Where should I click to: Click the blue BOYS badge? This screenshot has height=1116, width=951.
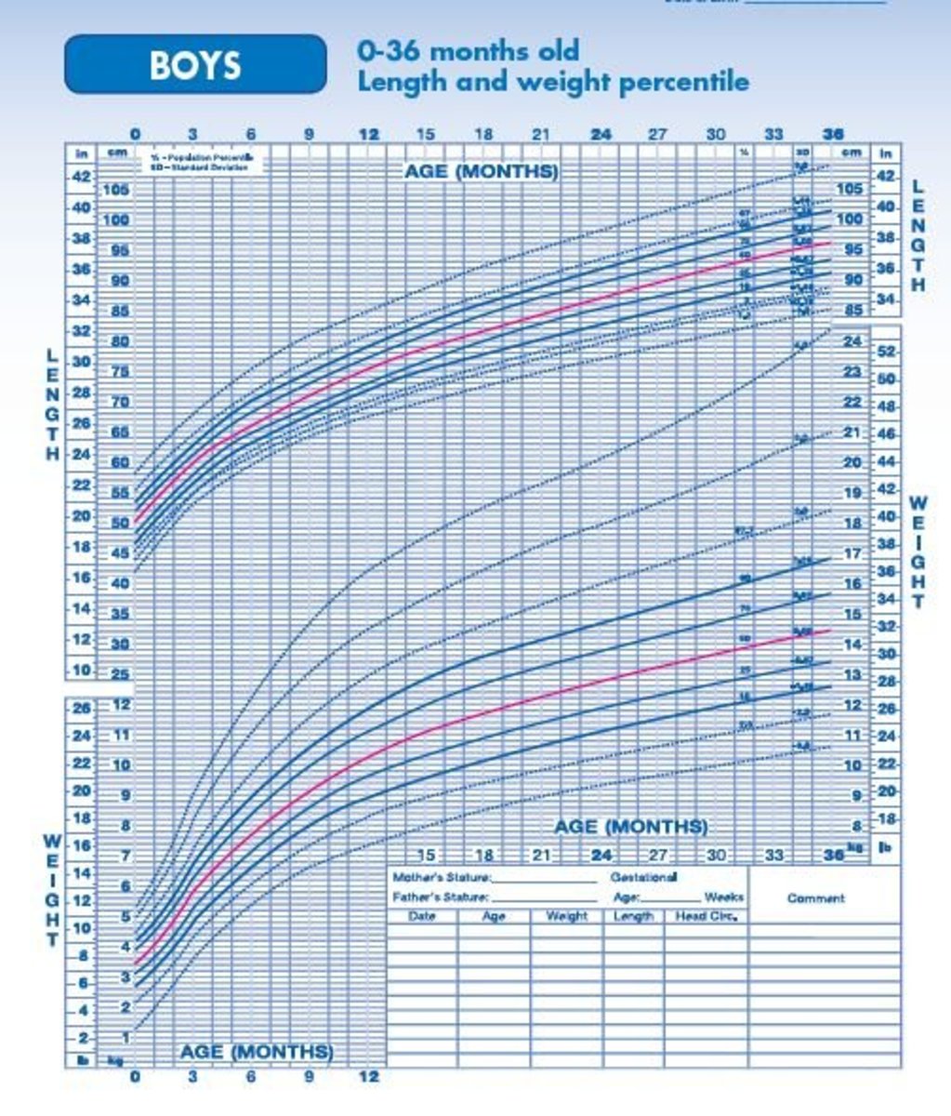pos(195,64)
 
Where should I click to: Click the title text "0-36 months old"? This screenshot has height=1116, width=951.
pos(468,50)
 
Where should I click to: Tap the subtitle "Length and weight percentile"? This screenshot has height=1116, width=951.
pos(552,82)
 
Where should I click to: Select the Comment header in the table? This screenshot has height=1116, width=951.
pos(815,898)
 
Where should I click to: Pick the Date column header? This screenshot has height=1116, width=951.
pos(422,916)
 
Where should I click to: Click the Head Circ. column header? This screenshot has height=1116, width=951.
pos(705,916)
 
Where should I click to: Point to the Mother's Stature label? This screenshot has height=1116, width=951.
pos(442,877)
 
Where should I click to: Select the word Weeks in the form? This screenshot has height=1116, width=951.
pos(724,897)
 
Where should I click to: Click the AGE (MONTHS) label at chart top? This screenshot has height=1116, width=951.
pos(482,172)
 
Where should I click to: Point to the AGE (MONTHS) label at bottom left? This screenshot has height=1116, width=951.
pos(257,1052)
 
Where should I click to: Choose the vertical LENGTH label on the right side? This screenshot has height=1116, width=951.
pos(918,235)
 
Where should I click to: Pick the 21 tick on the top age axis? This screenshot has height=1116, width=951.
pos(541,135)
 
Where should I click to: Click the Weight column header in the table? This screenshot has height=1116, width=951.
pos(566,916)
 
